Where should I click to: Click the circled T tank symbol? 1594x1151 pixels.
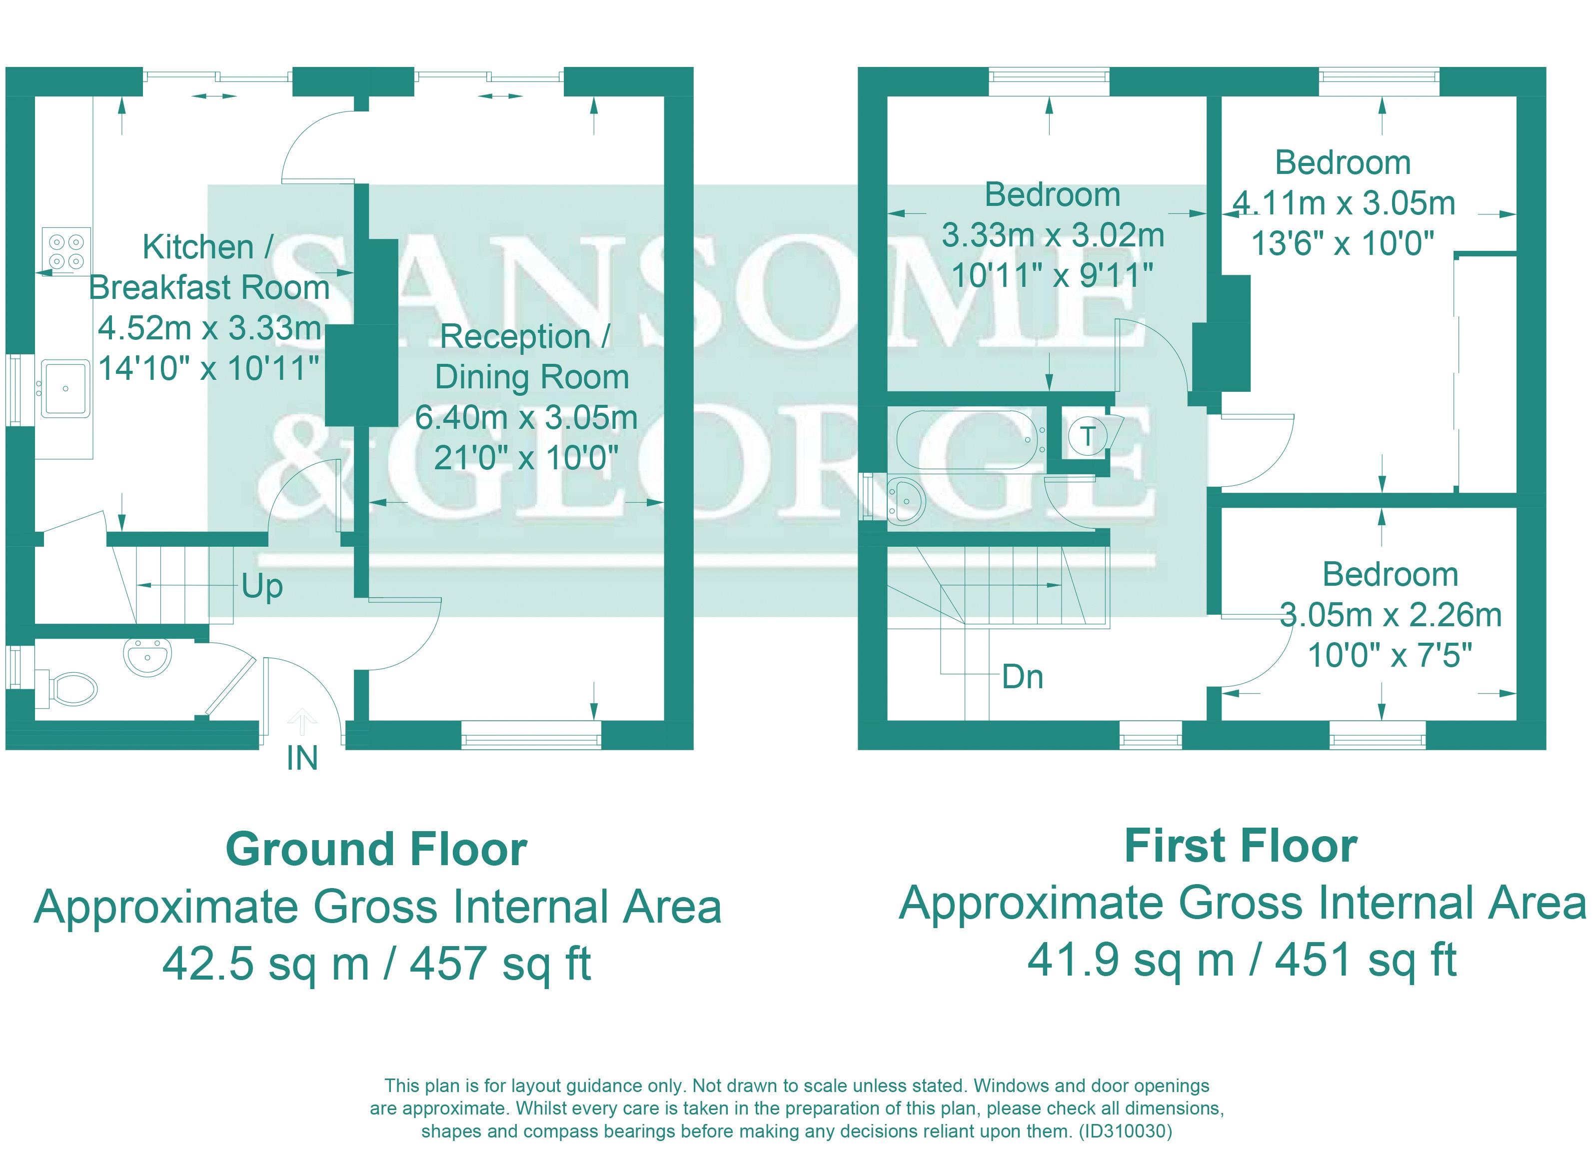[1087, 436]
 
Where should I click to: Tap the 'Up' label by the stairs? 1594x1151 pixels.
[262, 587]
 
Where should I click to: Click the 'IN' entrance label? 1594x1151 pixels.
[302, 758]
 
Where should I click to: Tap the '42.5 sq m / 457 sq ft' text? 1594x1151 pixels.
[377, 963]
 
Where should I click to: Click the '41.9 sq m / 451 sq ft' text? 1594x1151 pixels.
[1242, 959]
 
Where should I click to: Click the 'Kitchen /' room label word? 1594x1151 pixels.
[208, 247]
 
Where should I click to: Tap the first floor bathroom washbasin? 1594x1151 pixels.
[907, 501]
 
